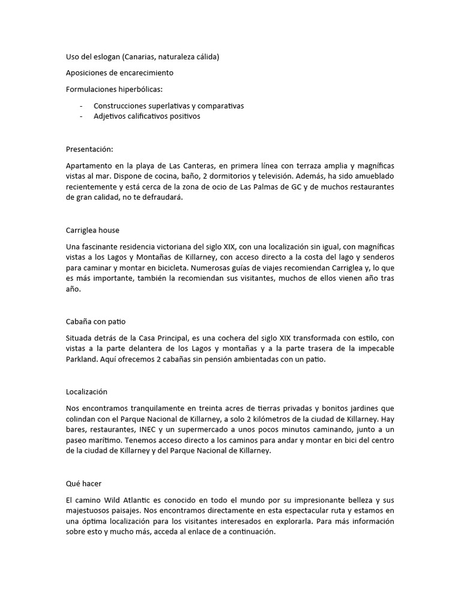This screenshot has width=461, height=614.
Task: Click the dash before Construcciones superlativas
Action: pos(81,106)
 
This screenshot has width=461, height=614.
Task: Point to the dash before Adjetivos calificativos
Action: pos(81,116)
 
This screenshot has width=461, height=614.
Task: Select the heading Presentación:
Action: pos(89,149)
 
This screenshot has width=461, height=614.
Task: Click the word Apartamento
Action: pos(89,165)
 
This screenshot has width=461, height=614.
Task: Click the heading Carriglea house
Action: pos(93,230)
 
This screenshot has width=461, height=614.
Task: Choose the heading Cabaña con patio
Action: pos(95,321)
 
